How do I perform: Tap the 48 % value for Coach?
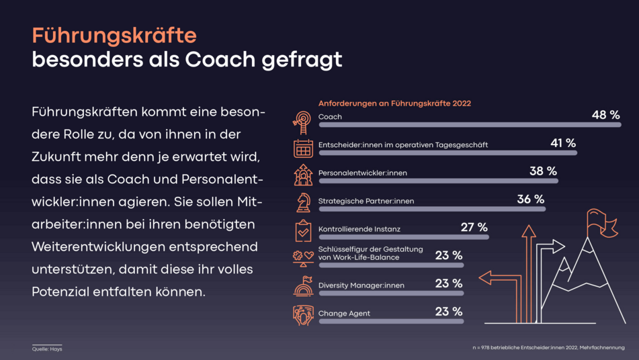click(x=605, y=116)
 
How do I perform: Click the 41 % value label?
click(x=563, y=143)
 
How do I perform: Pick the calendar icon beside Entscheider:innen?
click(x=303, y=148)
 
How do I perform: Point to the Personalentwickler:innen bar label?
click(x=362, y=173)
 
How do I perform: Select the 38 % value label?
click(x=543, y=171)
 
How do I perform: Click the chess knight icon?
click(x=303, y=202)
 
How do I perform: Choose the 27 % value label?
click(x=474, y=227)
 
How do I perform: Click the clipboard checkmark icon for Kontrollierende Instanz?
click(x=303, y=230)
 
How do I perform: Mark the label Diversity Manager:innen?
click(x=361, y=285)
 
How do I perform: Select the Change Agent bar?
click(x=390, y=322)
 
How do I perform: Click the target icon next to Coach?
click(x=303, y=120)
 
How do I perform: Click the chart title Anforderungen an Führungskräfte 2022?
click(x=394, y=103)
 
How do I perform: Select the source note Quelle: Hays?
click(x=47, y=349)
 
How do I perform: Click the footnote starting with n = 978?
click(x=548, y=347)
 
